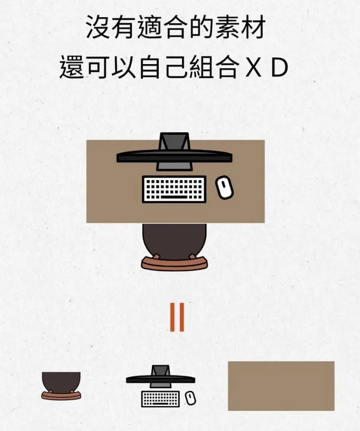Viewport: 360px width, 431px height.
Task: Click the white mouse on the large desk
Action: tap(224, 188)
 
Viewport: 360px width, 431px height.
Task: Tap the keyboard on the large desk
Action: tap(174, 189)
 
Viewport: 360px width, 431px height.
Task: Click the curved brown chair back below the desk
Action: tap(174, 263)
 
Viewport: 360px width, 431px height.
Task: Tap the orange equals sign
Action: tap(177, 317)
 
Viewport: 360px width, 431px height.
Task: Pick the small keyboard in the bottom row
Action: tap(160, 398)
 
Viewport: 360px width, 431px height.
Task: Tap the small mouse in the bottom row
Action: tap(190, 398)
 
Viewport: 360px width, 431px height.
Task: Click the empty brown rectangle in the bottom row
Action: tap(281, 386)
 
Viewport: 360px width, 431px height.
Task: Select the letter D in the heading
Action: tap(280, 69)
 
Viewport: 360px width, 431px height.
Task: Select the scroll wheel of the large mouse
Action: tap(223, 183)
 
